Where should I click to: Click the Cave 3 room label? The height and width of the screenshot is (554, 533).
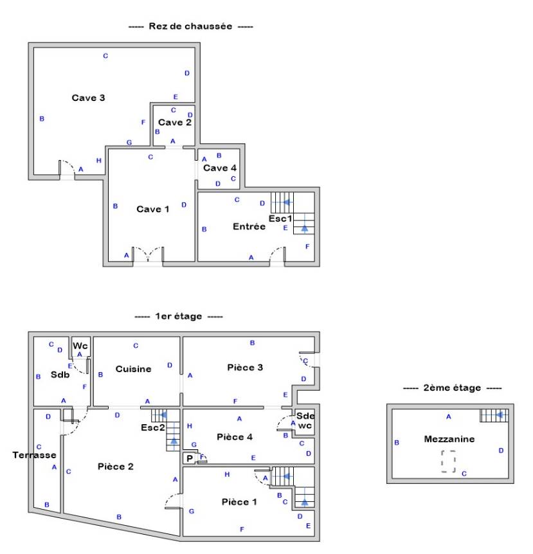pos(88,98)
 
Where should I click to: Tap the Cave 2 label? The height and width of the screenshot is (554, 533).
pos(175,122)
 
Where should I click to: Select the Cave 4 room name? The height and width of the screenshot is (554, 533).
pos(219,168)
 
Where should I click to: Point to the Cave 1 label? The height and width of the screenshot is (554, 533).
pos(152,209)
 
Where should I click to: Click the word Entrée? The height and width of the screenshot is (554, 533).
pos(249,226)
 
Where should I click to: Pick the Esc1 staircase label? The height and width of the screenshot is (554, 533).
pos(280,219)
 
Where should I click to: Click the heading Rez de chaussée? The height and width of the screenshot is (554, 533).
pos(190,26)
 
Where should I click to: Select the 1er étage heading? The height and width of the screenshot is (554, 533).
pos(179,316)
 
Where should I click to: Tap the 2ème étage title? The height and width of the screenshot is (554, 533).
pos(452,388)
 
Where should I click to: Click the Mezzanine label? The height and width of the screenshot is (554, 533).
pos(449,439)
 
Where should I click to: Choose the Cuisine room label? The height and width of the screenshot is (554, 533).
pos(133,369)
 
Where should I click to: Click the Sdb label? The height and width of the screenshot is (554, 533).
pos(60,375)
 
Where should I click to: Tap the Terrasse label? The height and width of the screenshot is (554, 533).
pos(34,455)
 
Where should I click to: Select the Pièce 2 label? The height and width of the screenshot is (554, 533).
pos(116,467)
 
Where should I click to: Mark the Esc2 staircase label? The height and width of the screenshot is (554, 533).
pos(152,427)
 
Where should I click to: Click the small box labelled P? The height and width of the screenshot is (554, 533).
pos(190,458)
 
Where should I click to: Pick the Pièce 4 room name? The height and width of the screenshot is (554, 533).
pos(235,437)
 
